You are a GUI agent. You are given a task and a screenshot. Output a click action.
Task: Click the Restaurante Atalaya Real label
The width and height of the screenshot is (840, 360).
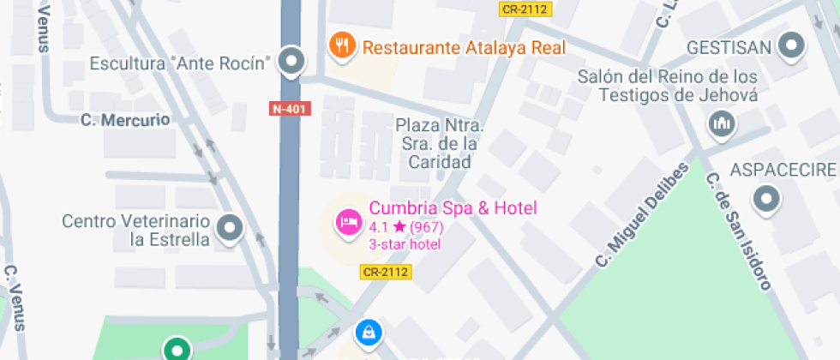pyautogui.click(x=464, y=46)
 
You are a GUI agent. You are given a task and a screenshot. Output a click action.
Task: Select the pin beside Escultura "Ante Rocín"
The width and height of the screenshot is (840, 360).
pyautogui.click(x=293, y=62)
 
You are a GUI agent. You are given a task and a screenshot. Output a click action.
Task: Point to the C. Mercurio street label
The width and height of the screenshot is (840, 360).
pyautogui.click(x=125, y=120)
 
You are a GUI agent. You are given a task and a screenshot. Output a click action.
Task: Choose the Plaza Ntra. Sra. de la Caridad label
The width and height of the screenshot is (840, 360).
pyautogui.click(x=440, y=143)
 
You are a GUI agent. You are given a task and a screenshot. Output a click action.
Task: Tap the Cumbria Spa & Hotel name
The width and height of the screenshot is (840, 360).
pyautogui.click(x=453, y=207)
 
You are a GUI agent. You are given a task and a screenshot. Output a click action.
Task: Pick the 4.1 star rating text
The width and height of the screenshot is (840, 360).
pyautogui.click(x=405, y=228)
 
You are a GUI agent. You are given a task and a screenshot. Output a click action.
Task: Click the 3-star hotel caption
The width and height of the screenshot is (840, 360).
pyautogui.click(x=405, y=244)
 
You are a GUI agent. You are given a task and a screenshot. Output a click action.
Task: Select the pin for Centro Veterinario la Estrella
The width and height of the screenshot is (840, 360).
pyautogui.click(x=229, y=228)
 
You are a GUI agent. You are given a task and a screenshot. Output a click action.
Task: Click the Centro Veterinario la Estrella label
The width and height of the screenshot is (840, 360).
pyautogui.click(x=135, y=230)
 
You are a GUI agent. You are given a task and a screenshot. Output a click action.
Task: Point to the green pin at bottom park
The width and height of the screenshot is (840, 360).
pyautogui.click(x=177, y=349)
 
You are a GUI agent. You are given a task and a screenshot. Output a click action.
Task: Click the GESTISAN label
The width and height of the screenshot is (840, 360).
pyautogui.click(x=729, y=45)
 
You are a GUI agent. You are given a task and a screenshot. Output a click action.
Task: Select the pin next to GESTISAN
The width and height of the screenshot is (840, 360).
pyautogui.click(x=792, y=46)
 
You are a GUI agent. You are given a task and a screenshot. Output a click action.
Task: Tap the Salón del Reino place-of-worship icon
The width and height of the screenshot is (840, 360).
pyautogui.click(x=723, y=125)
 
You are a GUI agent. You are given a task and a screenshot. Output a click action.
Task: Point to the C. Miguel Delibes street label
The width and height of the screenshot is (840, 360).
pyautogui.click(x=643, y=213)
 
